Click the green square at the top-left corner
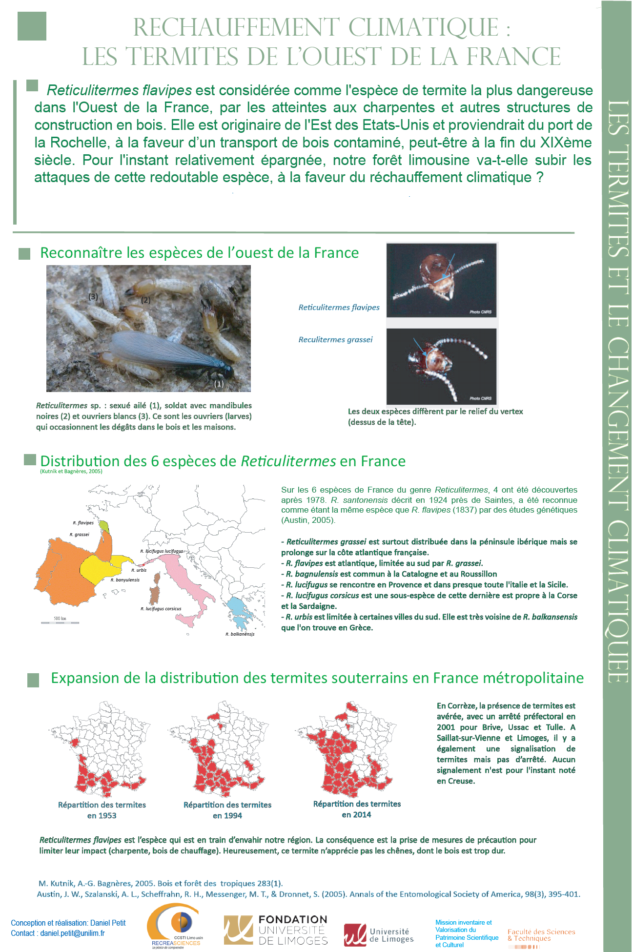click(32, 26)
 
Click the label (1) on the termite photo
click(219, 384)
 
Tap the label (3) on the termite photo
click(93, 296)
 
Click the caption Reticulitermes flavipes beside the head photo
click(339, 308)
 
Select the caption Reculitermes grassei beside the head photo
click(335, 340)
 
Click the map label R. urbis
click(139, 570)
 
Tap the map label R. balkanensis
click(240, 634)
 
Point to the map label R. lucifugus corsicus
click(161, 609)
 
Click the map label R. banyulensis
click(125, 580)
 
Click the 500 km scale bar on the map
click(60, 622)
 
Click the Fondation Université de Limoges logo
click(276, 930)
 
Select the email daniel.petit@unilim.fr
click(72, 933)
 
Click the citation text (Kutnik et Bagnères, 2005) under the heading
click(71, 472)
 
